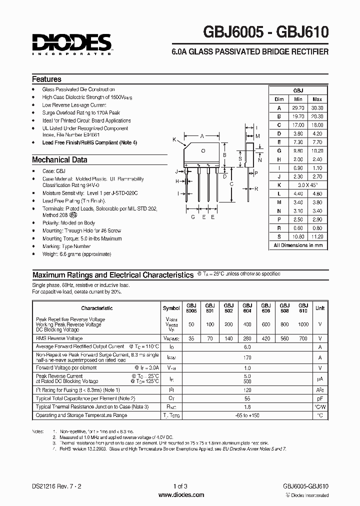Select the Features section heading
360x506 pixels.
point(46,79)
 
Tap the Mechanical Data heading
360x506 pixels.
point(59,160)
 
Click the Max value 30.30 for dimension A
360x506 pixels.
point(317,107)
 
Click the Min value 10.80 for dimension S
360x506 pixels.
point(298,236)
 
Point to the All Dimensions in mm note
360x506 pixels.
point(298,245)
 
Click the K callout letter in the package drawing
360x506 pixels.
point(174,139)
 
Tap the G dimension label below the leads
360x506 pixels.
point(192,217)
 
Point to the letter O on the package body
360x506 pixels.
point(203,150)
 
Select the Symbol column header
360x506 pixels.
point(171,308)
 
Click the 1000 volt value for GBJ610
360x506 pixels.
point(303,324)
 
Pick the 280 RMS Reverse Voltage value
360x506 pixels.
point(247,338)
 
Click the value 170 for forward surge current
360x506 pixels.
point(247,357)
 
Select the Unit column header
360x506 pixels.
point(320,308)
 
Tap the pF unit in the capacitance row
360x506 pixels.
point(320,398)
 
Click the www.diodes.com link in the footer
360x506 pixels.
point(180,495)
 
